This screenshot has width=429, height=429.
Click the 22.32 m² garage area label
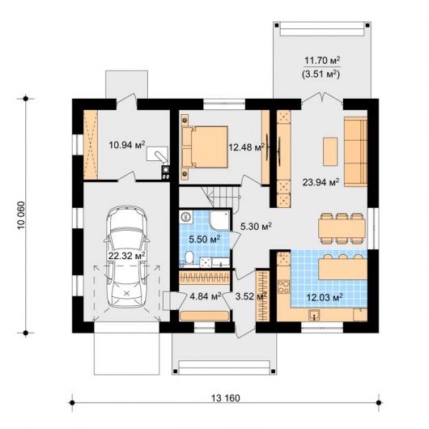pyautogui.click(x=126, y=256)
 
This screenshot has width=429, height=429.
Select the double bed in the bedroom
pyautogui.click(x=205, y=147)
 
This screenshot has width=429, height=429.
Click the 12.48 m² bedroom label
pyautogui.click(x=247, y=147)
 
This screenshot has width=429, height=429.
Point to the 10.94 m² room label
pyautogui.click(x=126, y=145)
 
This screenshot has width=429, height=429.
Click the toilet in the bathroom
pyautogui.click(x=189, y=257)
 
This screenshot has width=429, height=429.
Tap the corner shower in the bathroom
pyautogui.click(x=219, y=219)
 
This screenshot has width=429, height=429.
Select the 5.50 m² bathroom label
pyautogui.click(x=205, y=240)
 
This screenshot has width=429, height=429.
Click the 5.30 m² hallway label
pyautogui.click(x=256, y=226)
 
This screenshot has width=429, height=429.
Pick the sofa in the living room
pyautogui.click(x=355, y=151)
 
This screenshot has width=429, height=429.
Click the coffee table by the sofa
pyautogui.click(x=330, y=151)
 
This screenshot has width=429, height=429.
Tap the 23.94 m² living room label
pyautogui.click(x=321, y=182)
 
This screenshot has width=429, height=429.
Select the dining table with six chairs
pyautogui.click(x=342, y=228)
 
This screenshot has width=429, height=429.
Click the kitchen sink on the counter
pyautogui.click(x=314, y=315)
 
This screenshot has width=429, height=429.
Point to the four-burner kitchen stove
pyautogui.click(x=283, y=287)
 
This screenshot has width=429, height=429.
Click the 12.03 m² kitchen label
pyautogui.click(x=325, y=297)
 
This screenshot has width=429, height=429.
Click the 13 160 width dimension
pyautogui.click(x=226, y=397)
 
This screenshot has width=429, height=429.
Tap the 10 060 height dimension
pyautogui.click(x=21, y=215)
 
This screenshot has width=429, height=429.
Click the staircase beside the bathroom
pyautogui.click(x=220, y=197)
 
